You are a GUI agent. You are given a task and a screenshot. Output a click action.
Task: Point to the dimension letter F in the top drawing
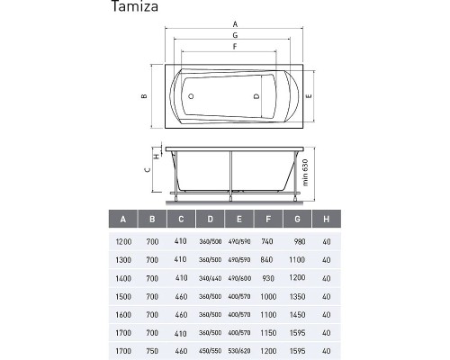click(x=234, y=46)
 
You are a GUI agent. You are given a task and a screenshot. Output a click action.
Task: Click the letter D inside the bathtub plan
click(x=256, y=94)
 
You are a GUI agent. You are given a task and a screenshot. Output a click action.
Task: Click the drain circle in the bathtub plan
click(x=191, y=94)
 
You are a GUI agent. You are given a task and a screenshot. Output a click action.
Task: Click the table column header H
click(x=325, y=219)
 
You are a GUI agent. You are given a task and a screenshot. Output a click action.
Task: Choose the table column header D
click(x=210, y=219)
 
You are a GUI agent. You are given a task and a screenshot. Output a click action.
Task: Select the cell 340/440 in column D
click(x=210, y=277)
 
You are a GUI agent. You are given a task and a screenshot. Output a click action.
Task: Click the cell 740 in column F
click(x=267, y=243)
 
